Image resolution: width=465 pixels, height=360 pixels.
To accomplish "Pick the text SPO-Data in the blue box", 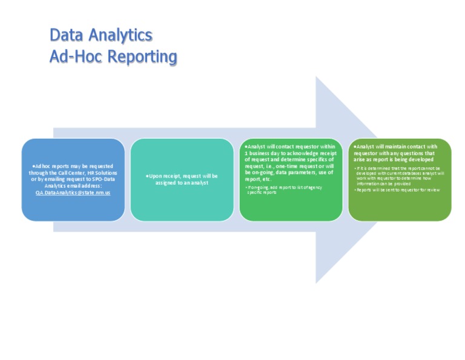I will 103,179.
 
